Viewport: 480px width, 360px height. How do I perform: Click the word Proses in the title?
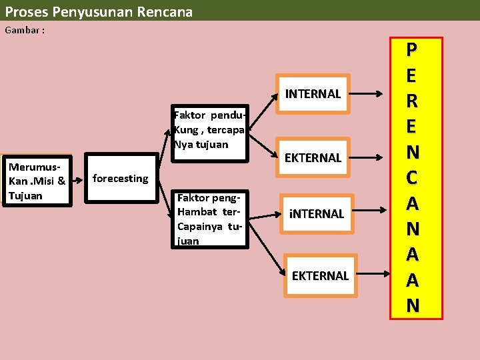click(26, 11)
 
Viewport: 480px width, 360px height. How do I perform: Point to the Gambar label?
click(25, 31)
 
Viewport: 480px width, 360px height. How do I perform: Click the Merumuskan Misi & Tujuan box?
click(37, 181)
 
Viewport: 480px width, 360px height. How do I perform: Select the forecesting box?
click(121, 178)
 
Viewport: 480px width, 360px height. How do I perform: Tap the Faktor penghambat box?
click(209, 219)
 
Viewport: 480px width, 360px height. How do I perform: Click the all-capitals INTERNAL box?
click(313, 94)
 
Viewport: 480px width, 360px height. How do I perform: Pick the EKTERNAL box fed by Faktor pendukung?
click(313, 158)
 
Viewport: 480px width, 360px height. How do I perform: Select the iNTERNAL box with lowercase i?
click(315, 214)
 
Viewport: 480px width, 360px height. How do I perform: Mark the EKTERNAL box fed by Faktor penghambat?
click(320, 275)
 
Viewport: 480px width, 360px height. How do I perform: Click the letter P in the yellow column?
click(413, 49)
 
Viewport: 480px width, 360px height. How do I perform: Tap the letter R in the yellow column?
click(413, 101)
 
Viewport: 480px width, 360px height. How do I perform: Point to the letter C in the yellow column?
click(413, 177)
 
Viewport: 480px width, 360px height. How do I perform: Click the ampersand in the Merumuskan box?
click(61, 181)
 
